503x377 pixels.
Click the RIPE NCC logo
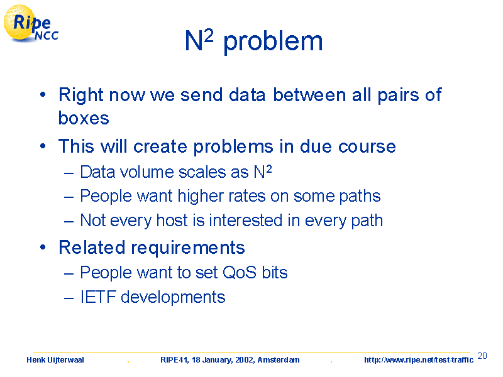tap(31, 23)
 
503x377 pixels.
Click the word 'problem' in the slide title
tap(273, 43)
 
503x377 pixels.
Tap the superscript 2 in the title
tap(208, 36)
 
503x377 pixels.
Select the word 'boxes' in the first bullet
tap(84, 118)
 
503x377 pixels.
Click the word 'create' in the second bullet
tap(160, 146)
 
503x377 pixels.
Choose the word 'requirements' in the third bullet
tap(188, 248)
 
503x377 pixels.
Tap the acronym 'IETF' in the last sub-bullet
tap(98, 297)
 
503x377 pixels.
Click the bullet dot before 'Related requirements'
tap(43, 248)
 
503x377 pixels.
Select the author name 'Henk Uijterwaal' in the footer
tap(55, 360)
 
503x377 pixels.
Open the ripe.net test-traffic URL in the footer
tap(419, 360)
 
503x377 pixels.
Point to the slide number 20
tap(482, 356)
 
